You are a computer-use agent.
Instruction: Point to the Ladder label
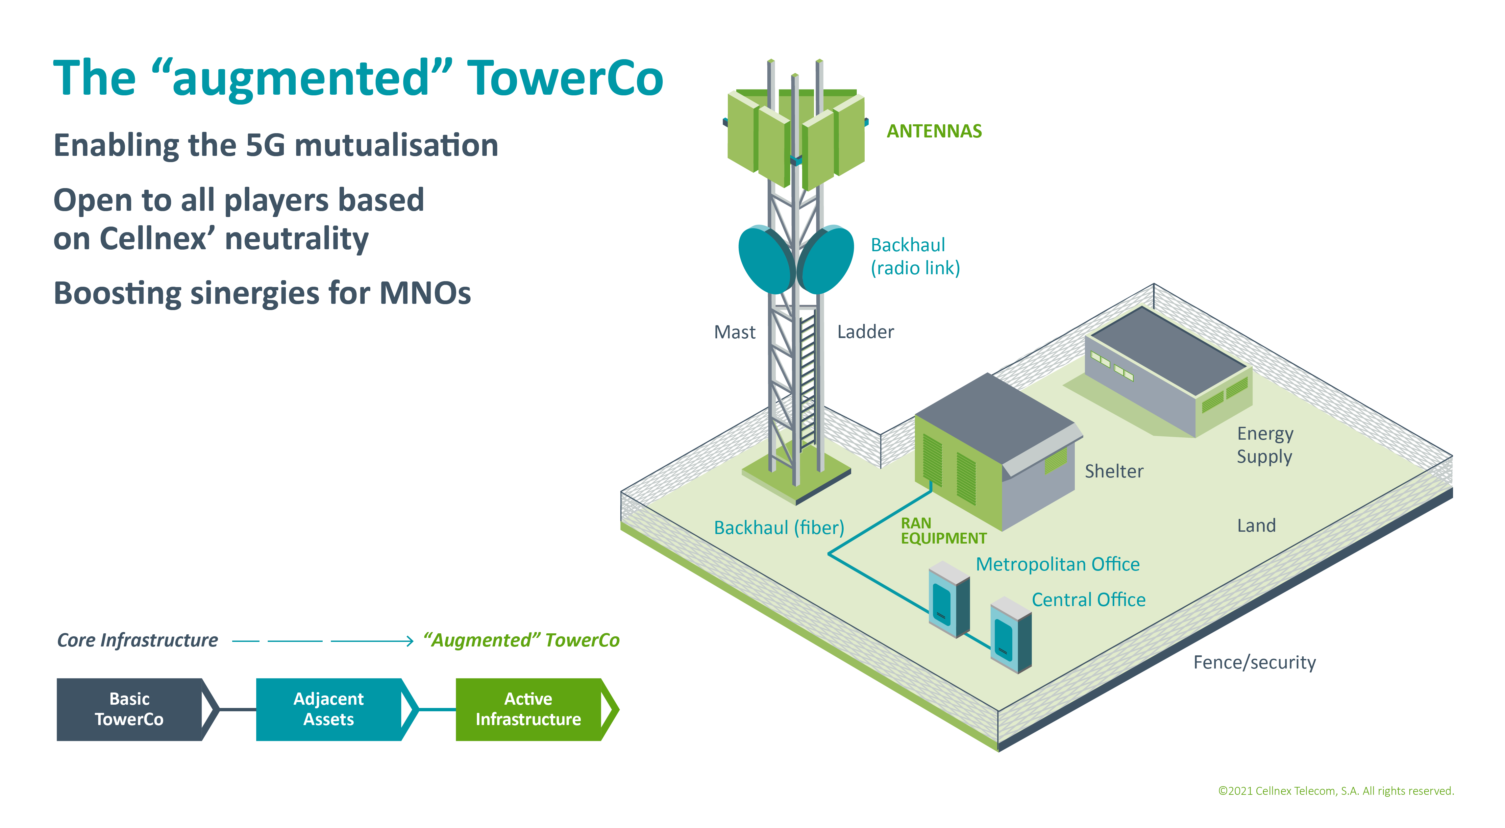865,331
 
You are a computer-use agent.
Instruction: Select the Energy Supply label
1265,445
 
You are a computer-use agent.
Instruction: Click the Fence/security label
1254,662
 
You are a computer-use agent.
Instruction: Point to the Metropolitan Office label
1057,564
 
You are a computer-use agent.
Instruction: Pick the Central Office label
1088,599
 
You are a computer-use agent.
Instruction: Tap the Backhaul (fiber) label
779,528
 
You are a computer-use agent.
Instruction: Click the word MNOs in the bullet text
425,293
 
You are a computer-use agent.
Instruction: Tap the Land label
1256,525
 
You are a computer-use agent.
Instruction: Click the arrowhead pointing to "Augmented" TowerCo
410,641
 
